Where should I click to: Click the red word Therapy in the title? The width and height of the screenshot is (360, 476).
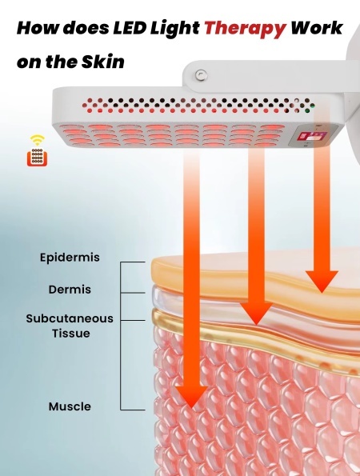245,29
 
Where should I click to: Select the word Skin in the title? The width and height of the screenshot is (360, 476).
103,62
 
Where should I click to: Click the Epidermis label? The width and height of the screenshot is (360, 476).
70,258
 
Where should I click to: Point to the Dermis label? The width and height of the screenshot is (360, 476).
70,290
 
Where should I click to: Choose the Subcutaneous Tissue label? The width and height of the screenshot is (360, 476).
70,326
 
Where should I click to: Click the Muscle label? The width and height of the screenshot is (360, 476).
70,406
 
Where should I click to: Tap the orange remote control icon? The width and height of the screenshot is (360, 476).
37,158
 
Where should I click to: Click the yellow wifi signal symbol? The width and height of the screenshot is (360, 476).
37,140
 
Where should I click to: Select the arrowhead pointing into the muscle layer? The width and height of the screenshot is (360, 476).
191,396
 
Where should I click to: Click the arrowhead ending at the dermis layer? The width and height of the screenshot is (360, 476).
257,314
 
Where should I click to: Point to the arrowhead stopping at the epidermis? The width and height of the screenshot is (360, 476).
322,282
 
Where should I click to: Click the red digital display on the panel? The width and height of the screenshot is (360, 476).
308,137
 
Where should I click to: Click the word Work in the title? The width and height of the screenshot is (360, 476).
317,28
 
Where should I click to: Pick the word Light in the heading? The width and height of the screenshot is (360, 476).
175,29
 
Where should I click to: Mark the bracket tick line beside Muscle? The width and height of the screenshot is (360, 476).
133,410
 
